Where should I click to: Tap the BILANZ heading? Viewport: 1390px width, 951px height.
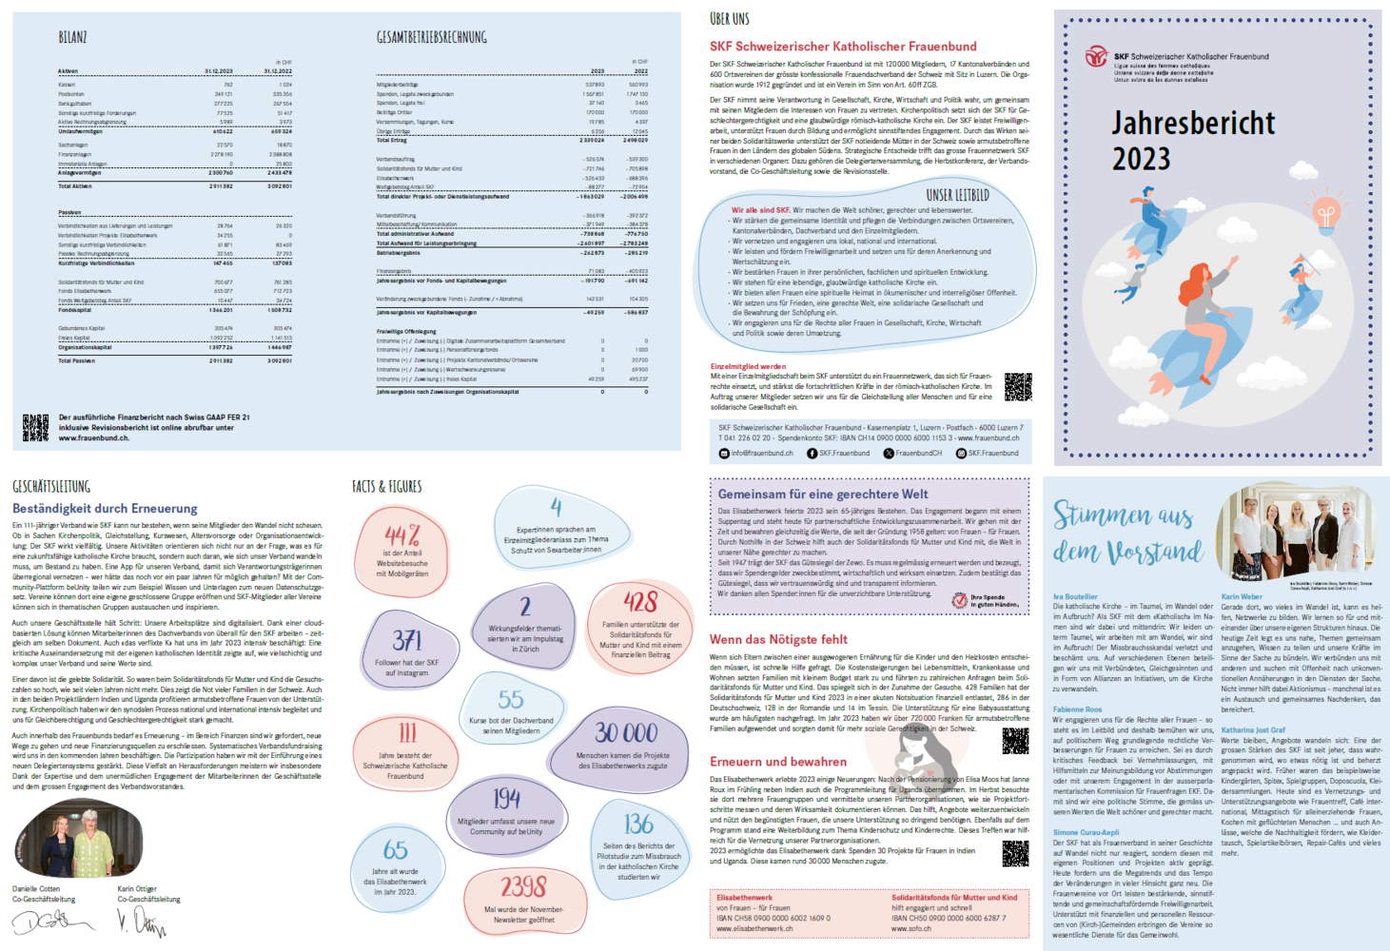point(72,37)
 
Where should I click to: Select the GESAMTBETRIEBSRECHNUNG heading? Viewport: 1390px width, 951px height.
point(431,37)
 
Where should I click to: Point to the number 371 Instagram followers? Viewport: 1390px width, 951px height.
point(407,640)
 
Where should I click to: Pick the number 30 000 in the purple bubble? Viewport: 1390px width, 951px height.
point(626,732)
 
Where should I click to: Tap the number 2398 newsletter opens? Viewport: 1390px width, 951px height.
point(523,886)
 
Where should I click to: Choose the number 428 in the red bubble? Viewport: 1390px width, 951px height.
point(640,602)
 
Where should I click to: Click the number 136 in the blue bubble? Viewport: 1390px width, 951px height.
point(638,823)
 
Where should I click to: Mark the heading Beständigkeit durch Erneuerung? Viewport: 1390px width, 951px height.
point(105,509)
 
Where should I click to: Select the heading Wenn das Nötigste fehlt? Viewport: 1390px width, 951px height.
point(778,639)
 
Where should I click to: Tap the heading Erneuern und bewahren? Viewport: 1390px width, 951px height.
point(777,762)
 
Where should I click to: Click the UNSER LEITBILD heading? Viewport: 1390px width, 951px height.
point(957,195)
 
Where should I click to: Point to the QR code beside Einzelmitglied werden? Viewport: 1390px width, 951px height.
point(1017,386)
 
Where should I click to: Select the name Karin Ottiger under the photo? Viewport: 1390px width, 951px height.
point(137,888)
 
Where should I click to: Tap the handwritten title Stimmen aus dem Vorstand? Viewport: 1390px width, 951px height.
point(1127,533)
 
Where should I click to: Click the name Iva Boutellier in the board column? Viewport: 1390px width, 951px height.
point(1075,597)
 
